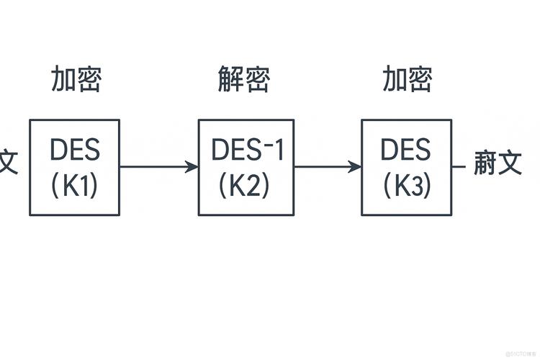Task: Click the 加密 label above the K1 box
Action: [76, 79]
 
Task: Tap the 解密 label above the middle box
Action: [243, 79]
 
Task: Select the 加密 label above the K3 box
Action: [407, 79]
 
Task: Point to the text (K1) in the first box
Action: [75, 186]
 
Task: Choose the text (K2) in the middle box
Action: [245, 186]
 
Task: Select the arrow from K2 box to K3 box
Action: [327, 167]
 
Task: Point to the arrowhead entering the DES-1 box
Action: [192, 167]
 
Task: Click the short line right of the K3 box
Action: [459, 166]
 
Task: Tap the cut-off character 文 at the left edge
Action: [8, 163]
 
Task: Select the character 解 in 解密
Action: [230, 79]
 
